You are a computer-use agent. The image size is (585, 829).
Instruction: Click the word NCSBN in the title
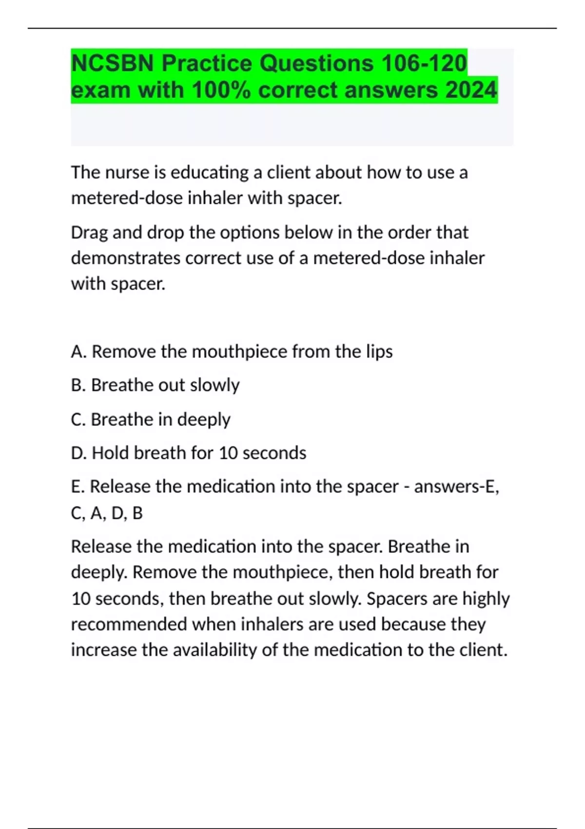pos(113,63)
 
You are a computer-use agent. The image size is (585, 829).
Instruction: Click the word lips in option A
pos(379,352)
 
